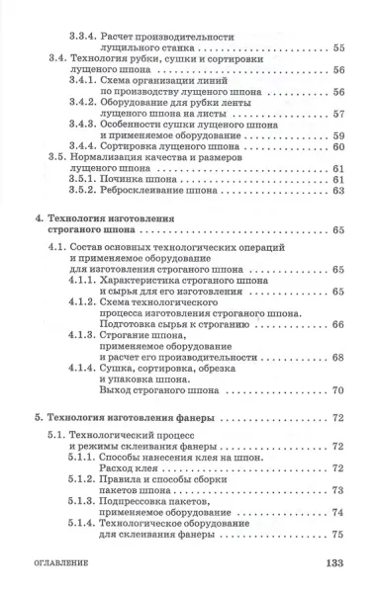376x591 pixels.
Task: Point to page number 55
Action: (x=337, y=45)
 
